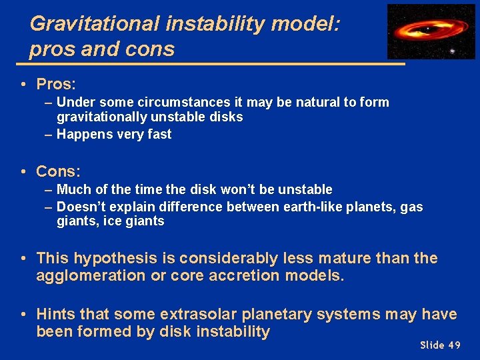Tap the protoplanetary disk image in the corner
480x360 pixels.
(x=431, y=31)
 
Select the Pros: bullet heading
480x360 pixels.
(x=56, y=84)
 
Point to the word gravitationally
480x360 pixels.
(x=101, y=117)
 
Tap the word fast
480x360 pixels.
(x=158, y=134)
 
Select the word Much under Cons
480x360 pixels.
(x=72, y=190)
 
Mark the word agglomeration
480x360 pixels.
(x=91, y=276)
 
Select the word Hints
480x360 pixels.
(x=55, y=314)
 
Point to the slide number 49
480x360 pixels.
(x=454, y=345)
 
